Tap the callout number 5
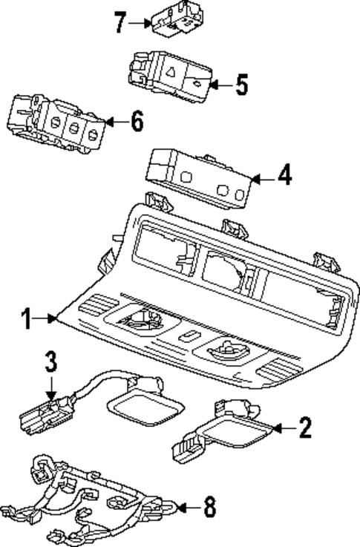241,85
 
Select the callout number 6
137,122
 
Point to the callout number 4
284,177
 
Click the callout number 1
26,319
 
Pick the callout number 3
50,363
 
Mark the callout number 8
209,508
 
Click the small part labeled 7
173,19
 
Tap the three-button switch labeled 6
56,122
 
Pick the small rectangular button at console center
191,336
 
